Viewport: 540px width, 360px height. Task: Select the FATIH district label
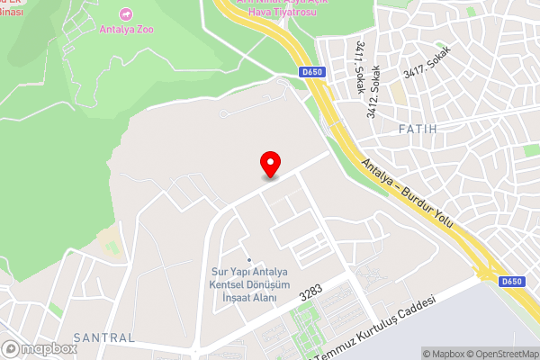coord(417,130)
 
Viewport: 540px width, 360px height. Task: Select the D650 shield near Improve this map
coord(512,282)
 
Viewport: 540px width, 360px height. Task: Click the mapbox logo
coord(40,348)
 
